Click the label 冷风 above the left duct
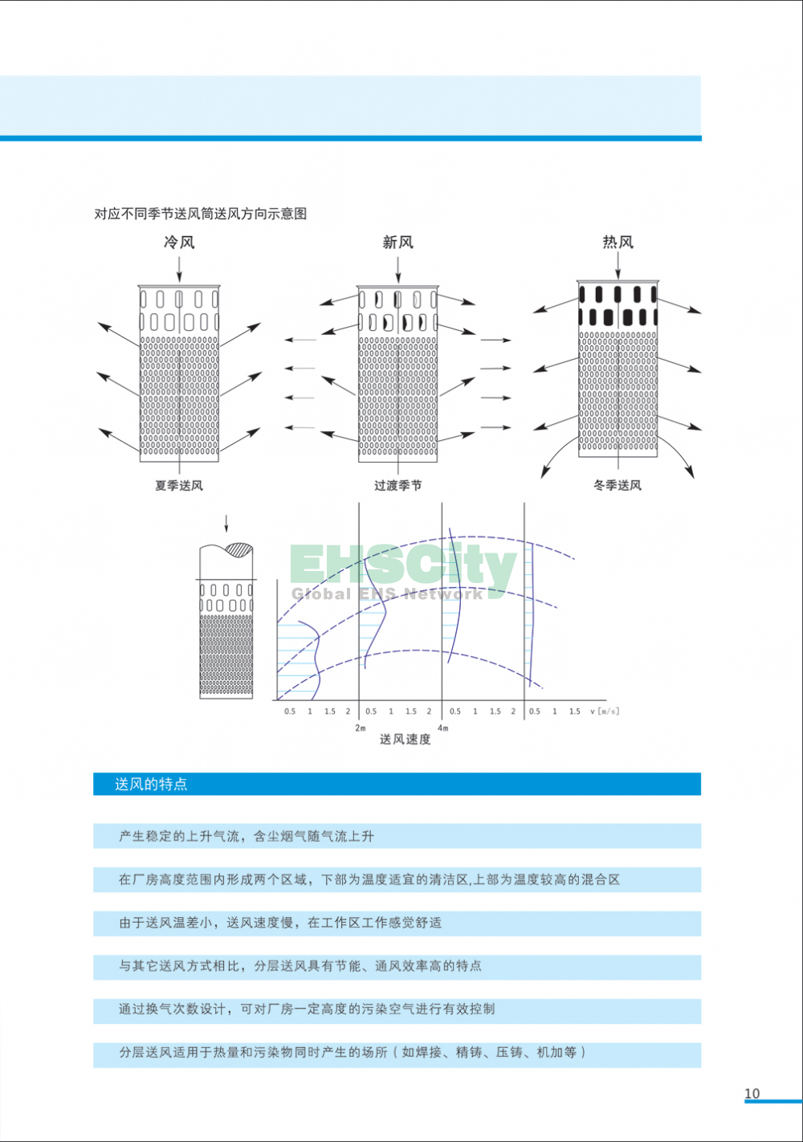(179, 243)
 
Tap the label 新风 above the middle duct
(397, 243)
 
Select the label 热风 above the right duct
(618, 243)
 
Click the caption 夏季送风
(179, 485)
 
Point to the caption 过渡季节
(397, 485)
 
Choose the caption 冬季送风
(618, 485)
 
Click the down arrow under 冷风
(179, 269)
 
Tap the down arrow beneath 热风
(618, 267)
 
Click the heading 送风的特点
(151, 784)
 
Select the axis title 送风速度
(406, 739)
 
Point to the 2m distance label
(361, 728)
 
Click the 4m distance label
(443, 728)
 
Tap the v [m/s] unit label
(605, 712)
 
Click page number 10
(752, 1094)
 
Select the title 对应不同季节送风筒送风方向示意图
(201, 214)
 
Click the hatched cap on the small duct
(239, 549)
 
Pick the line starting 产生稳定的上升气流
(247, 836)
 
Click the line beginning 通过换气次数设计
(307, 1009)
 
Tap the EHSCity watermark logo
(403, 571)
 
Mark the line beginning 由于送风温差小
(280, 922)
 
